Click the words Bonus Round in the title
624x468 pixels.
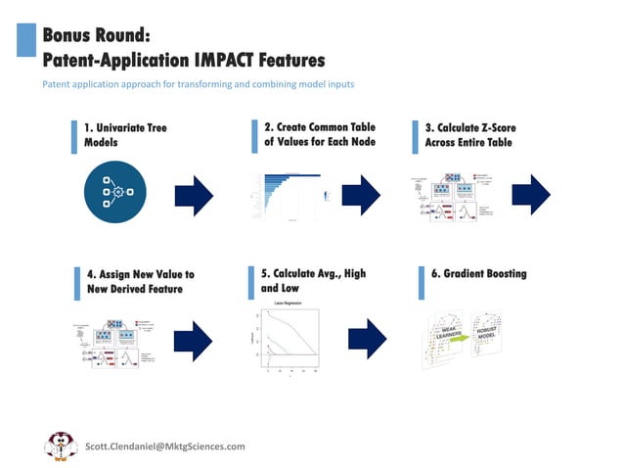tap(95, 36)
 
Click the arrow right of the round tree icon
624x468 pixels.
tap(194, 195)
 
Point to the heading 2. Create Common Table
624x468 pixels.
tap(319, 134)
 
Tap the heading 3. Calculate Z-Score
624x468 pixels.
tap(469, 135)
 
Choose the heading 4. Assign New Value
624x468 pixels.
tap(139, 281)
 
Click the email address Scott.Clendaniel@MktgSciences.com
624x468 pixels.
tap(164, 445)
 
